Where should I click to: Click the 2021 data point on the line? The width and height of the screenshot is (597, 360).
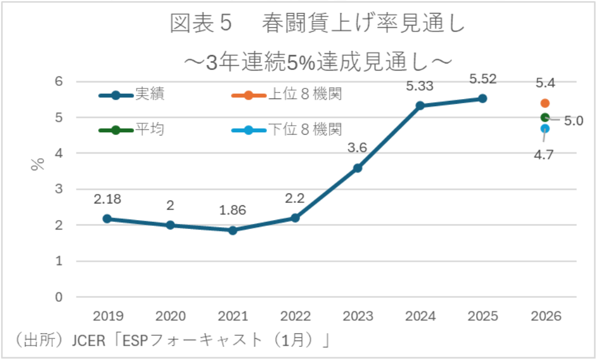point(233,230)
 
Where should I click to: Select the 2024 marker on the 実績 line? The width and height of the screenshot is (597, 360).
point(420,106)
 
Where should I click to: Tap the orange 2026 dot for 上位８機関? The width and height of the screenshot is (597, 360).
point(545,103)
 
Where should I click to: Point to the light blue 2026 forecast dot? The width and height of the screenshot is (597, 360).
point(545,128)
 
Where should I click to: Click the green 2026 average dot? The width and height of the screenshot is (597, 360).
point(545,117)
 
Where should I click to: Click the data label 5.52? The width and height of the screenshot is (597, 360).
point(482,78)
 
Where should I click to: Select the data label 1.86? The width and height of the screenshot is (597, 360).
point(232,210)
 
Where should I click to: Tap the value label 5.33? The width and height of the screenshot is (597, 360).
point(420,86)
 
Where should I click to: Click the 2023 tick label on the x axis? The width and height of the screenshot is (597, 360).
point(358,316)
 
